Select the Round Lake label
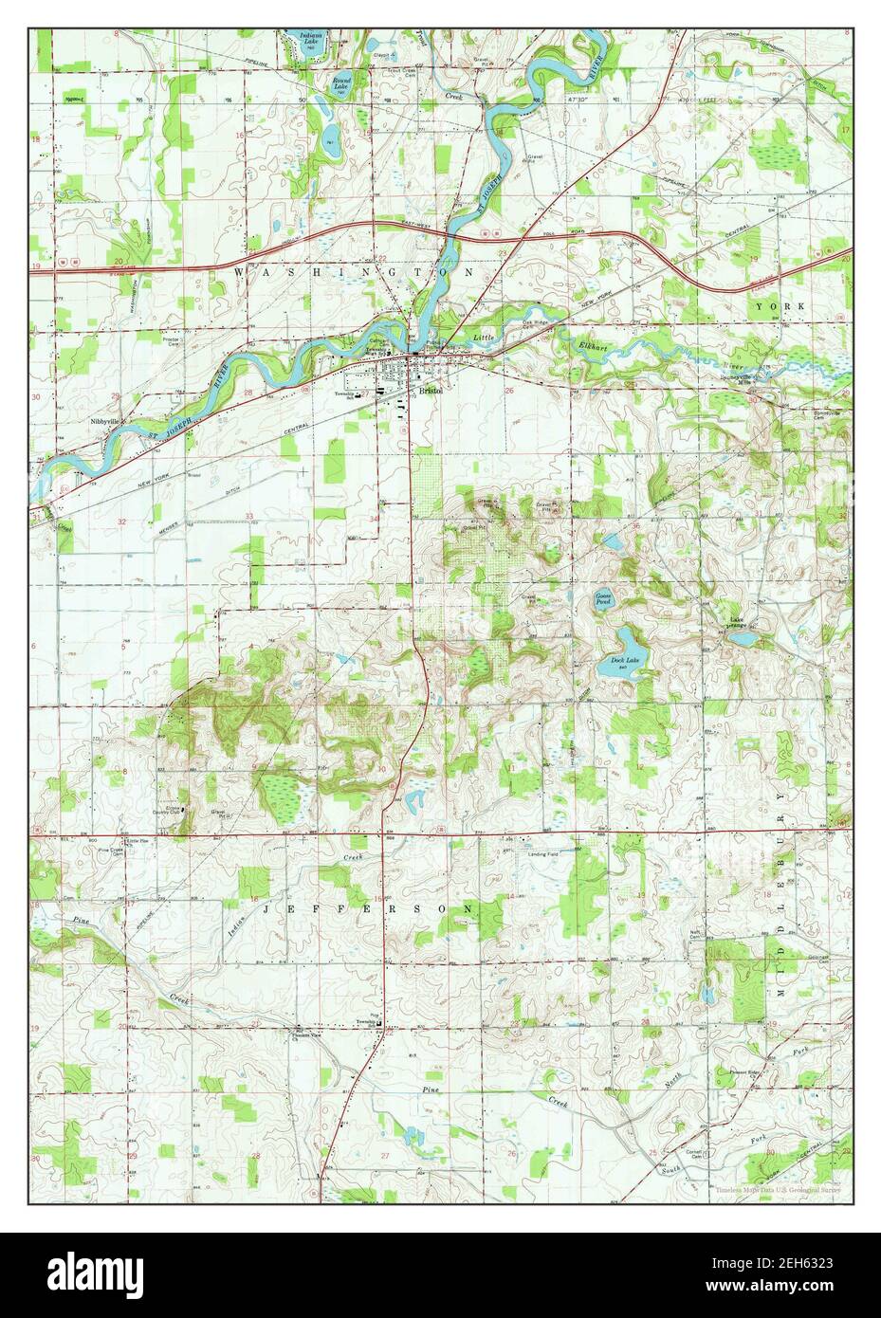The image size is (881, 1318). tap(342, 83)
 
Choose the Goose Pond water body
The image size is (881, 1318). tap(603, 599)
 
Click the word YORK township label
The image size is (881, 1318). tap(780, 307)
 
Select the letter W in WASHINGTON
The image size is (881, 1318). tap(238, 272)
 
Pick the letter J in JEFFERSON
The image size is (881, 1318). tap(266, 908)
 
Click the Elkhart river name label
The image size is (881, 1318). tap(598, 346)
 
